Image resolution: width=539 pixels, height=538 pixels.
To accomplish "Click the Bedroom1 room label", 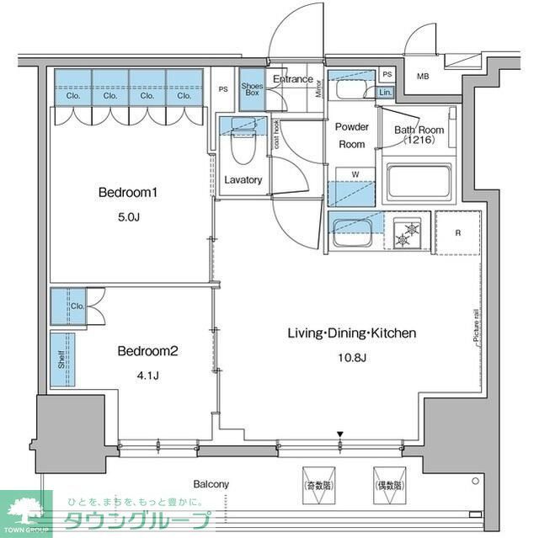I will [x=128, y=193].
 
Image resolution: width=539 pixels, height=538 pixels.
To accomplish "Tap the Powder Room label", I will [x=352, y=136].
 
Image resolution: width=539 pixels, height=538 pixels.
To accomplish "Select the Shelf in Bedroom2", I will [x=61, y=360].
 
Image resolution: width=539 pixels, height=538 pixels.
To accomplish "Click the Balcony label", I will [x=211, y=484].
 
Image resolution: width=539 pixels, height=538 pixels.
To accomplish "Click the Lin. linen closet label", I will [x=385, y=92].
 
